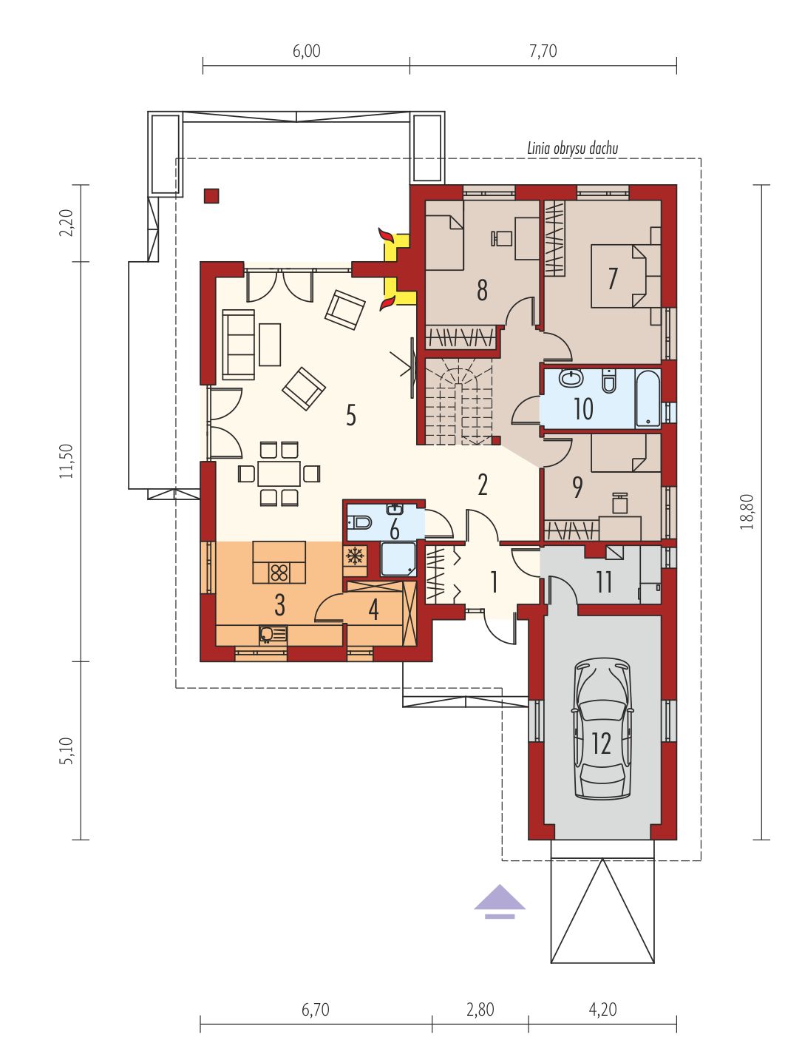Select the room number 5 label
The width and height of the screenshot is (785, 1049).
coord(351,415)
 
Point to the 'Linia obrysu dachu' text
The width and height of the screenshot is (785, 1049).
coord(573,148)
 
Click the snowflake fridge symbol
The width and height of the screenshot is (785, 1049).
coord(355,556)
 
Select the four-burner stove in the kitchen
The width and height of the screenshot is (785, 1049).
coord(279,572)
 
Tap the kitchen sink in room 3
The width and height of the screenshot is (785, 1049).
coord(273,634)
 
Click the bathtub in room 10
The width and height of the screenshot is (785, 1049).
coord(648,398)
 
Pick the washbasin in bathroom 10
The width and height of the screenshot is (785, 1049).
coord(571,379)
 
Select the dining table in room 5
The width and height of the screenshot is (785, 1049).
coord(279,473)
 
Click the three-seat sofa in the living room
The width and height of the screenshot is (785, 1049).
coord(238,344)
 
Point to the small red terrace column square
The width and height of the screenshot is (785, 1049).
coord(211,196)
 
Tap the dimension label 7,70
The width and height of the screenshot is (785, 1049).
coord(543,50)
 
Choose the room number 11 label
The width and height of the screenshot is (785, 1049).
coord(604,581)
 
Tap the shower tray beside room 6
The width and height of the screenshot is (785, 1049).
coord(398,559)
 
